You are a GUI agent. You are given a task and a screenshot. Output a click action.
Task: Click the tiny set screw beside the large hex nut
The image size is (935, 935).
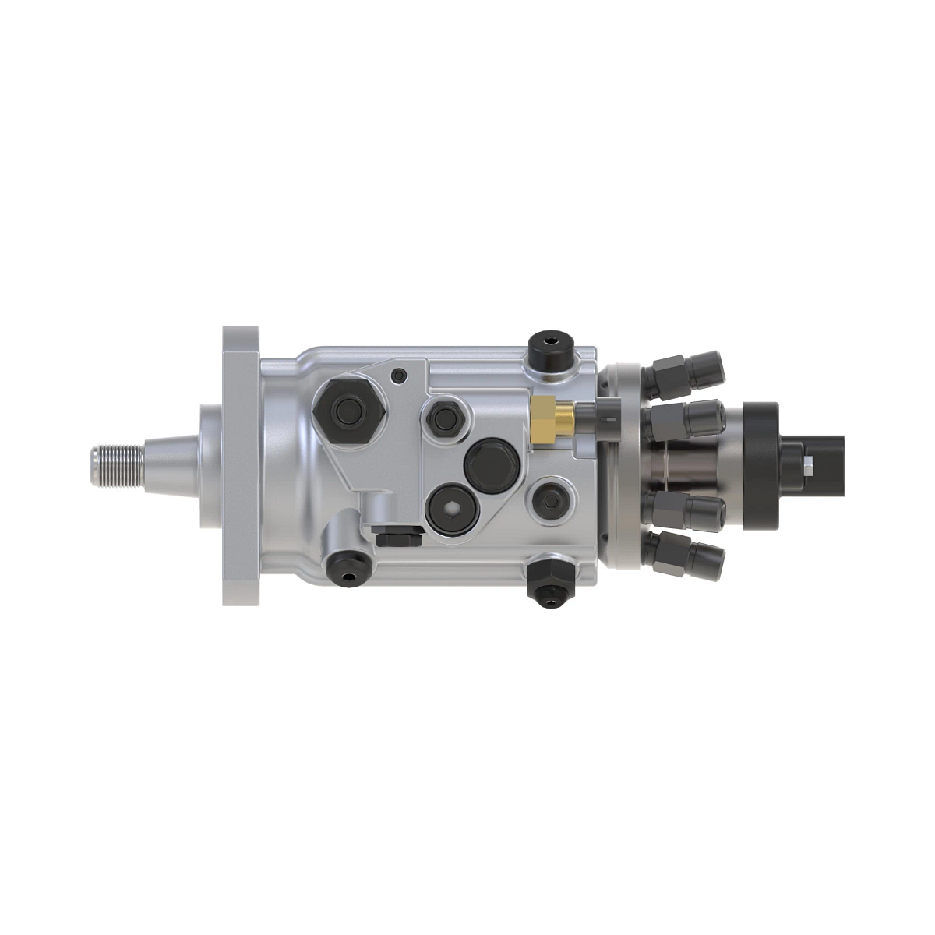[x=400, y=376]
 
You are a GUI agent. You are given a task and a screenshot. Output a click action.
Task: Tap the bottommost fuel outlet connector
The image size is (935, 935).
[x=686, y=555]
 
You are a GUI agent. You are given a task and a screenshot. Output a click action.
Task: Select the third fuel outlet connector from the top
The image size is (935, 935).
[x=686, y=510]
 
